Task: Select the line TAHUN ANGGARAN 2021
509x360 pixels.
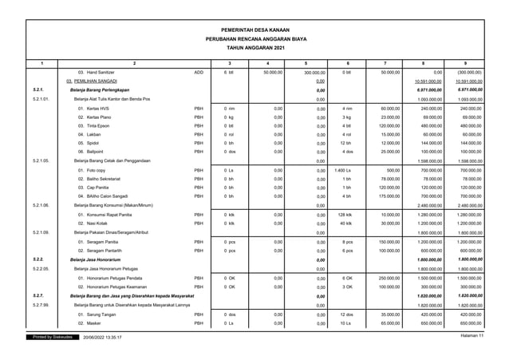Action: click(x=254, y=48)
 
